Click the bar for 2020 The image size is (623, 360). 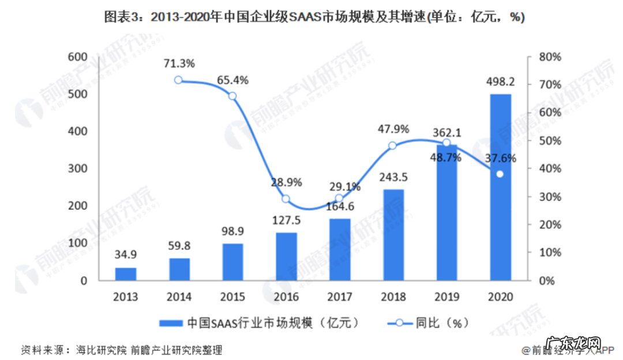[x=501, y=187]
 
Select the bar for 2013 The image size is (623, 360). [x=126, y=274]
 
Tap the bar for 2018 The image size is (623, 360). [x=393, y=235]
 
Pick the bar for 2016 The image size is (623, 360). [x=286, y=257]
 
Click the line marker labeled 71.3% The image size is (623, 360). [x=179, y=80]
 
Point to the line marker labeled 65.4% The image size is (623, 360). [x=232, y=96]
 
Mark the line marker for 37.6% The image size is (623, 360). [x=500, y=174]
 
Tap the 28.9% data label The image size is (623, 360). [x=286, y=182]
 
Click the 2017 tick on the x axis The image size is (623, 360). [x=340, y=297]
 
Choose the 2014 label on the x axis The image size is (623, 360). [x=179, y=297]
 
